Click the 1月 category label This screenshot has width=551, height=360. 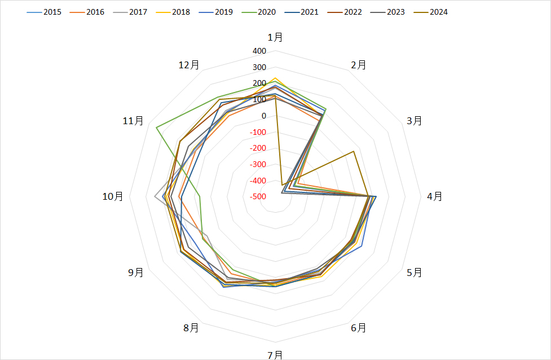coord(275,37)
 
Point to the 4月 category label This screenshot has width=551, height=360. coord(434,196)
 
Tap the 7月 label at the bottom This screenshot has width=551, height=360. coord(275,354)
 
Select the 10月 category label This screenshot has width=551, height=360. coord(112,196)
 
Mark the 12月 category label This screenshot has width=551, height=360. coord(189,65)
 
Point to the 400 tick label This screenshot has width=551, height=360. coord(259,51)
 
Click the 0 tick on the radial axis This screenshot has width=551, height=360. coord(264,116)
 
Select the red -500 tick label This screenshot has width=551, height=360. coord(259,196)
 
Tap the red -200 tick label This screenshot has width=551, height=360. coord(259,148)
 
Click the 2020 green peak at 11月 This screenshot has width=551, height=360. coord(156,128)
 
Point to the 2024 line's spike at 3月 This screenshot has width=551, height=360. coord(354,151)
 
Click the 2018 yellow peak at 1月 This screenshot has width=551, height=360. coord(275,78)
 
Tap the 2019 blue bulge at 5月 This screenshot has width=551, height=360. coord(362,246)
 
